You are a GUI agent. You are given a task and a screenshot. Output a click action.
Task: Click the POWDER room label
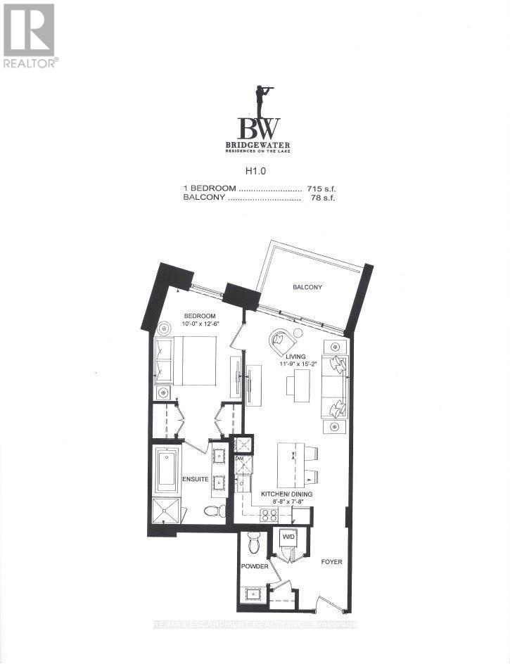tap(255, 566)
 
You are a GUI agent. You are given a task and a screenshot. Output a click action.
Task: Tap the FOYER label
tap(331, 562)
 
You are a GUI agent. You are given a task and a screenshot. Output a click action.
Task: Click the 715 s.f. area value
tap(321, 189)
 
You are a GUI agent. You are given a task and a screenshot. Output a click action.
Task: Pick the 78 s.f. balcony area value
tap(323, 198)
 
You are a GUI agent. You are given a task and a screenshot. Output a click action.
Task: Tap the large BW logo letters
tap(258, 129)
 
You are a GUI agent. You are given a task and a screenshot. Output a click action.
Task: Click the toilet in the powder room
tap(255, 543)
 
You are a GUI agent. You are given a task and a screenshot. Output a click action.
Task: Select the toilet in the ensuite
tap(215, 511)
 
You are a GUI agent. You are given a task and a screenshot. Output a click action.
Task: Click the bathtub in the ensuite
tap(168, 470)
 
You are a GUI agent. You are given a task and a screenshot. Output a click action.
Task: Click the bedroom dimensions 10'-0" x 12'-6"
tap(200, 324)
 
